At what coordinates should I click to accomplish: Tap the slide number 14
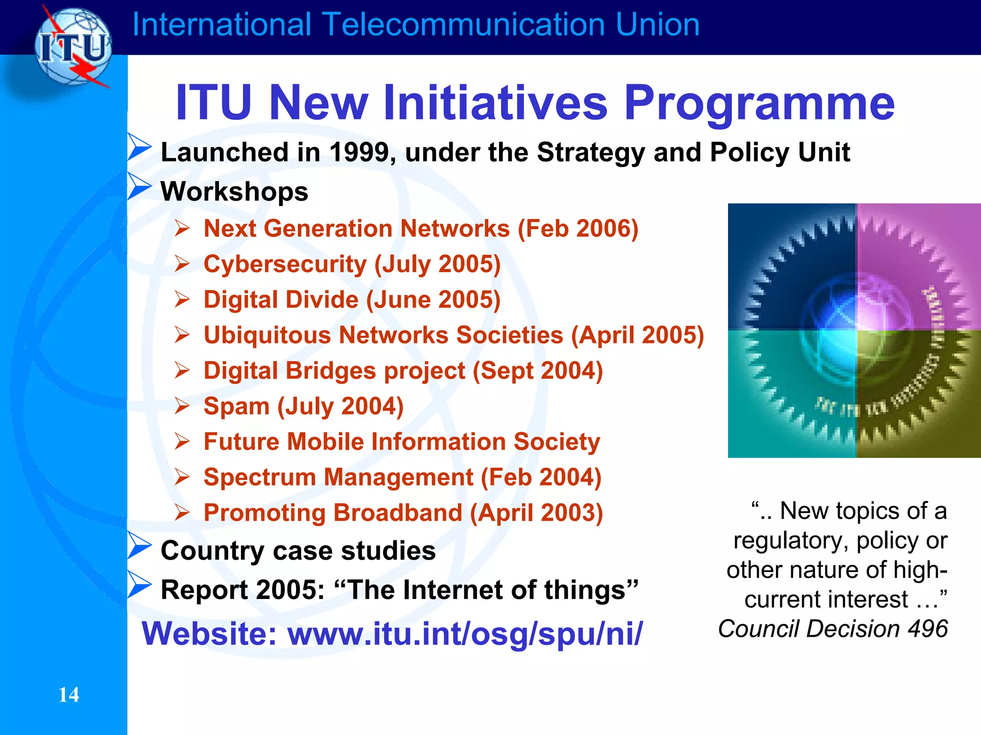point(68,695)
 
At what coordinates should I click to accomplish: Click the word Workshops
point(234,192)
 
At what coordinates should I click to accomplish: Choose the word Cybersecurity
point(285,264)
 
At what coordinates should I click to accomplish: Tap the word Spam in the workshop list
point(237,406)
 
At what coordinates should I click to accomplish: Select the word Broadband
point(398,513)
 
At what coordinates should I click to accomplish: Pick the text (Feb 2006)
point(578,229)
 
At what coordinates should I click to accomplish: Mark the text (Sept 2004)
point(537,371)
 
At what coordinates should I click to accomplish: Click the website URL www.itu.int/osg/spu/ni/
point(465,633)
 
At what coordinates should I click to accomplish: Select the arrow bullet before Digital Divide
point(183,299)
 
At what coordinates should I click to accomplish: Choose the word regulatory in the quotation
point(791,541)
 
